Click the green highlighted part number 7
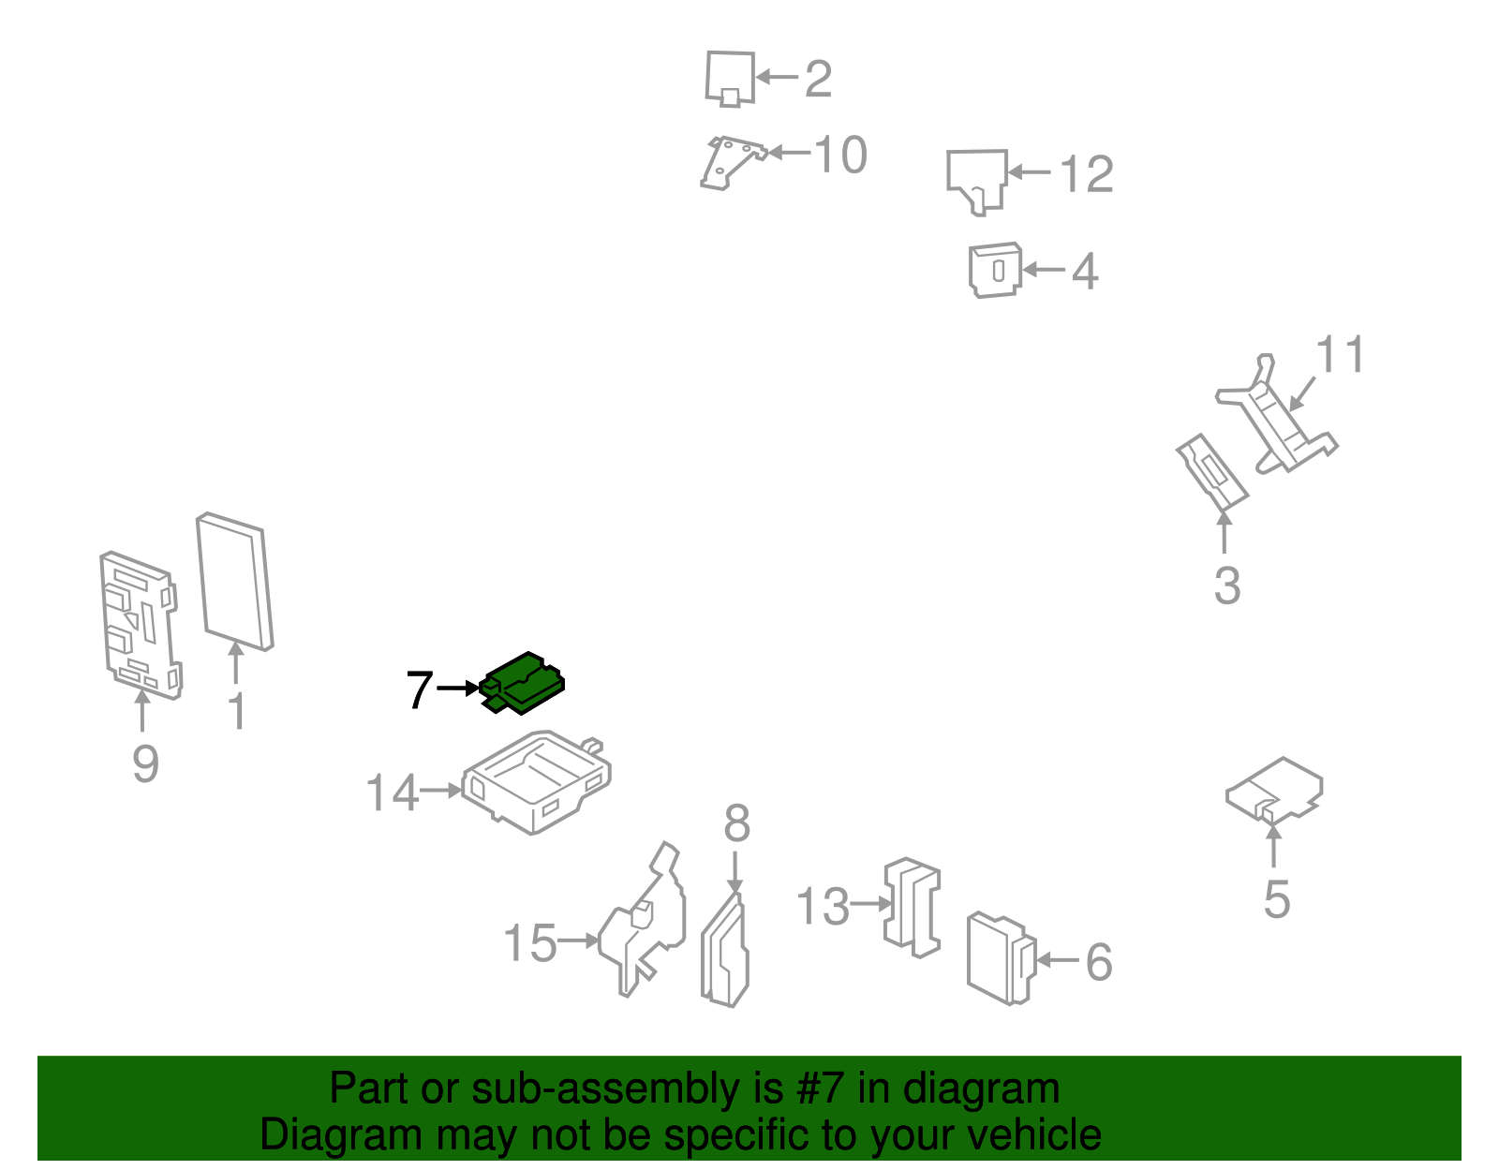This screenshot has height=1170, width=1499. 522,683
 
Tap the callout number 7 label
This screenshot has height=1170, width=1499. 420,689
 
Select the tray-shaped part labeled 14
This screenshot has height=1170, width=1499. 536,782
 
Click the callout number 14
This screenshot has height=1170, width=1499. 392,792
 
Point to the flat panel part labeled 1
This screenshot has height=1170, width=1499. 234,582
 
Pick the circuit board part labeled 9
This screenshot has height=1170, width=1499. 140,626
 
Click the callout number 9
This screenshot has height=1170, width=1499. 145,764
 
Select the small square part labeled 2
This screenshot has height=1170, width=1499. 730,79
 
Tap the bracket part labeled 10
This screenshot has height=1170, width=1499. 733,163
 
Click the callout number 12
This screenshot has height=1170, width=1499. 1087,174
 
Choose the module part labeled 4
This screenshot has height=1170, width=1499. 995,270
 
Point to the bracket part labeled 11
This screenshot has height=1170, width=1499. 1276,414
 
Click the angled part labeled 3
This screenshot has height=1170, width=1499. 1212,472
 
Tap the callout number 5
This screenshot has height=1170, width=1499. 1276,899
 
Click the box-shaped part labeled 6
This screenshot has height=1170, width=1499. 1001,958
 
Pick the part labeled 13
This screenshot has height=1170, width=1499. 912,908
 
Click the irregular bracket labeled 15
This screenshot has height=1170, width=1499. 642,921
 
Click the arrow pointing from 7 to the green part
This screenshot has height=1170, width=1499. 458,689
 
